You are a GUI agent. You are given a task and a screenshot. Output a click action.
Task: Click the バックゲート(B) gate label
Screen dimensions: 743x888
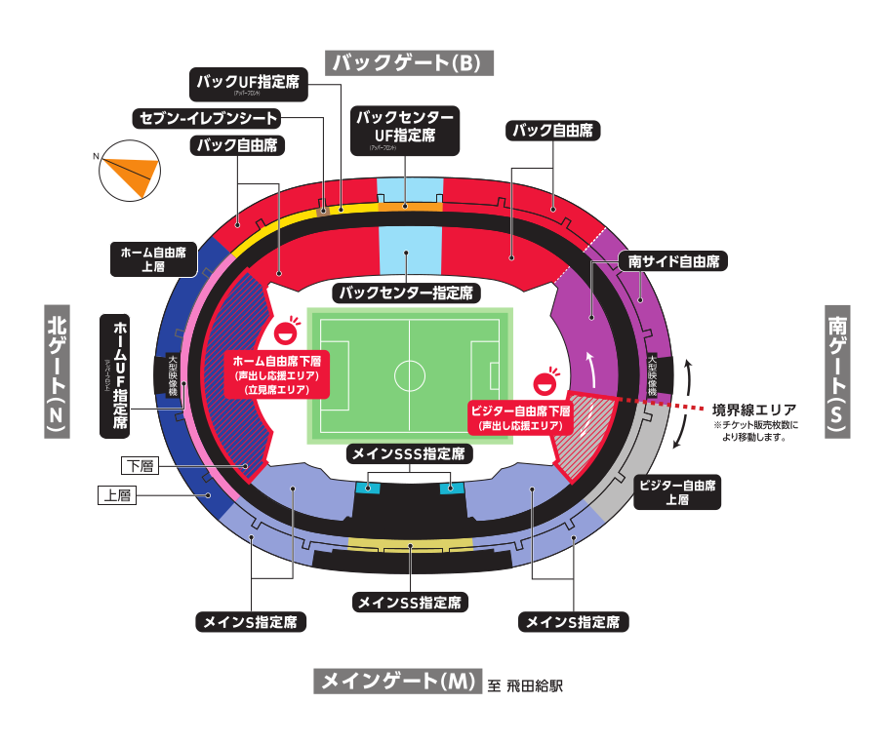(x=411, y=62)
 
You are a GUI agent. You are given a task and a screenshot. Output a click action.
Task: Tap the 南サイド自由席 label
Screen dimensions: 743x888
(x=673, y=261)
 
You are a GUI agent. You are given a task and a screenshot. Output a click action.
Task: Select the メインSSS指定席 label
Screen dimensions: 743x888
(x=410, y=454)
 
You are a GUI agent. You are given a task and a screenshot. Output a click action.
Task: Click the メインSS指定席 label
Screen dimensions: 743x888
(x=410, y=603)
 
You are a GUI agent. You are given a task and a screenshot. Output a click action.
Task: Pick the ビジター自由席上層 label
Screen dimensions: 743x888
(x=678, y=492)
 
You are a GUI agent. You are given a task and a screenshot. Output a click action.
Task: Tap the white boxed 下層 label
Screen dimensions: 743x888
(x=138, y=465)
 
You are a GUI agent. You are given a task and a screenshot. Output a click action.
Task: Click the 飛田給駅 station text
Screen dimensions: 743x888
(x=536, y=685)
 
